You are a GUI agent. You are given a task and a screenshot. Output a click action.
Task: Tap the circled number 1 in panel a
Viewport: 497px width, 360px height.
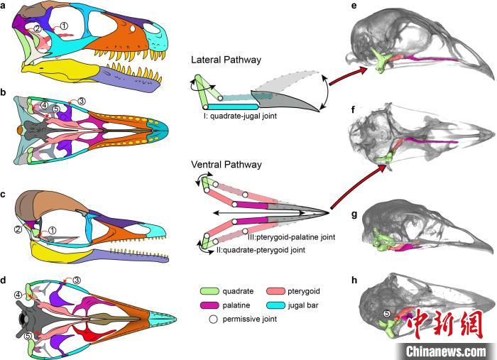click(x=64, y=26)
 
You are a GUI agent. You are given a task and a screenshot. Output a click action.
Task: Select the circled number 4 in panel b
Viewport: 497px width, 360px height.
click(x=45, y=106)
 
